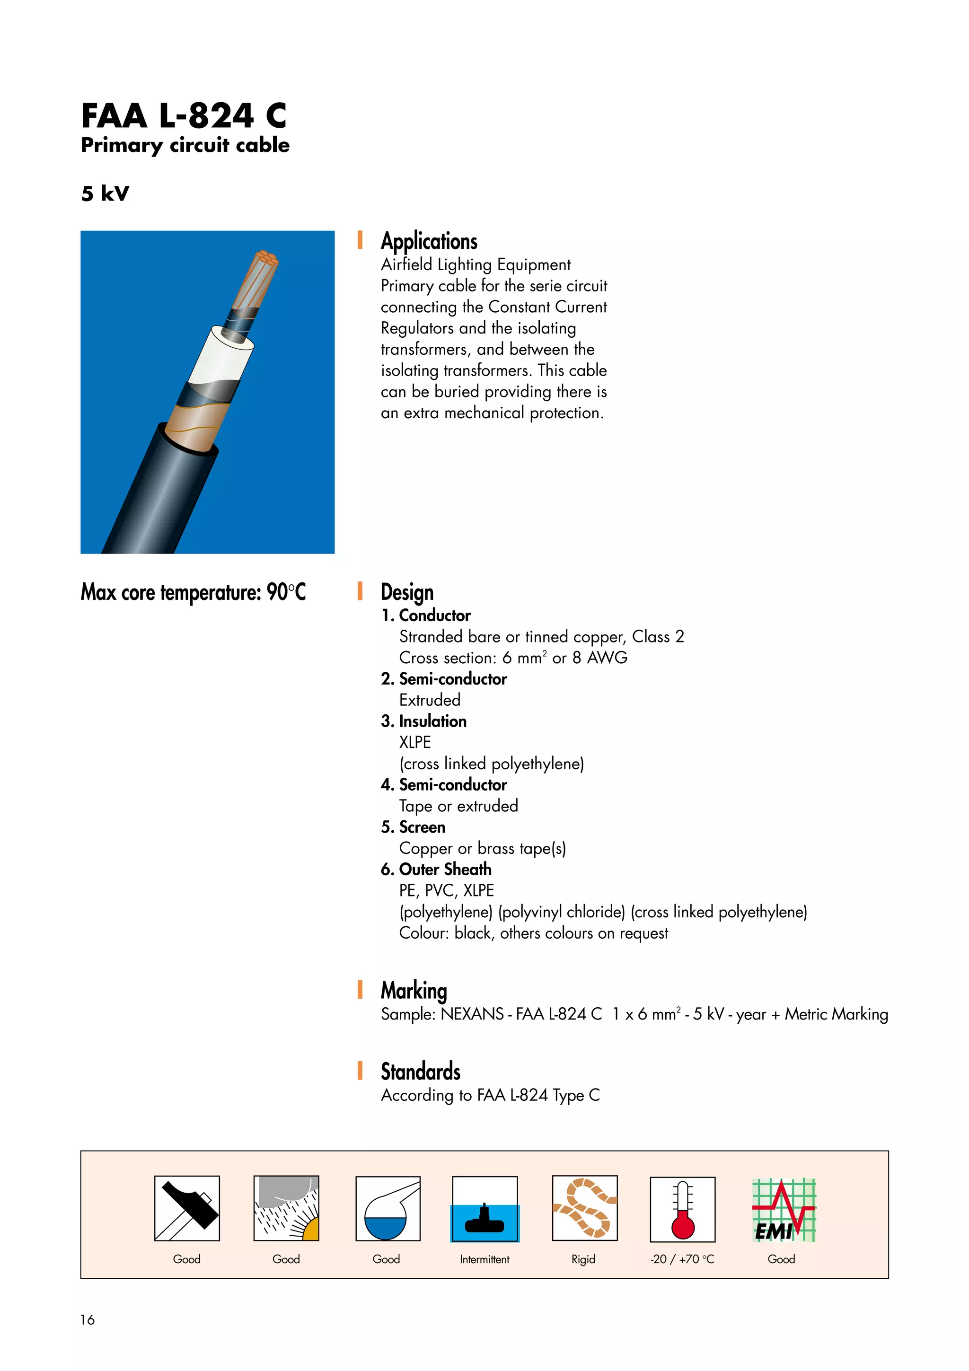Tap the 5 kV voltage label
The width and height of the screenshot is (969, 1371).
tap(105, 193)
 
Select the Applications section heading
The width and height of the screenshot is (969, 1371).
tap(429, 241)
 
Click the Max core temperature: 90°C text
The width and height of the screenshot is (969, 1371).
tap(193, 592)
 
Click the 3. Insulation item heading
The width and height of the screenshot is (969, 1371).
tap(423, 721)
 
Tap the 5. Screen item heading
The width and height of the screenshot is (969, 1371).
tap(413, 827)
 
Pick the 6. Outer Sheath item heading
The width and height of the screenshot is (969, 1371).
tap(436, 870)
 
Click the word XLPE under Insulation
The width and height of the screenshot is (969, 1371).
tap(414, 742)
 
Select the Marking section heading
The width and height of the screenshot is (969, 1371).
tap(413, 991)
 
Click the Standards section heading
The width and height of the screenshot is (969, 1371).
tap(420, 1072)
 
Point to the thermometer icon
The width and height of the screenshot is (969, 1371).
tap(682, 1210)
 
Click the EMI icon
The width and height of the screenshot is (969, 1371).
tap(783, 1210)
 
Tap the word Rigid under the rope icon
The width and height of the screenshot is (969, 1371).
tap(583, 1259)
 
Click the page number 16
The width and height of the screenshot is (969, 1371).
tap(87, 1319)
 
